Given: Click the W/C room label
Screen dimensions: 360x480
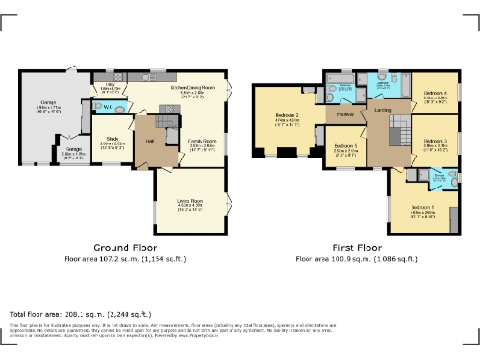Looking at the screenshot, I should [109, 107].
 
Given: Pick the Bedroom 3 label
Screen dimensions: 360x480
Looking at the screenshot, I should [435, 142].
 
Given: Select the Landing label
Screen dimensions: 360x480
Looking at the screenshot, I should [382, 111].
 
